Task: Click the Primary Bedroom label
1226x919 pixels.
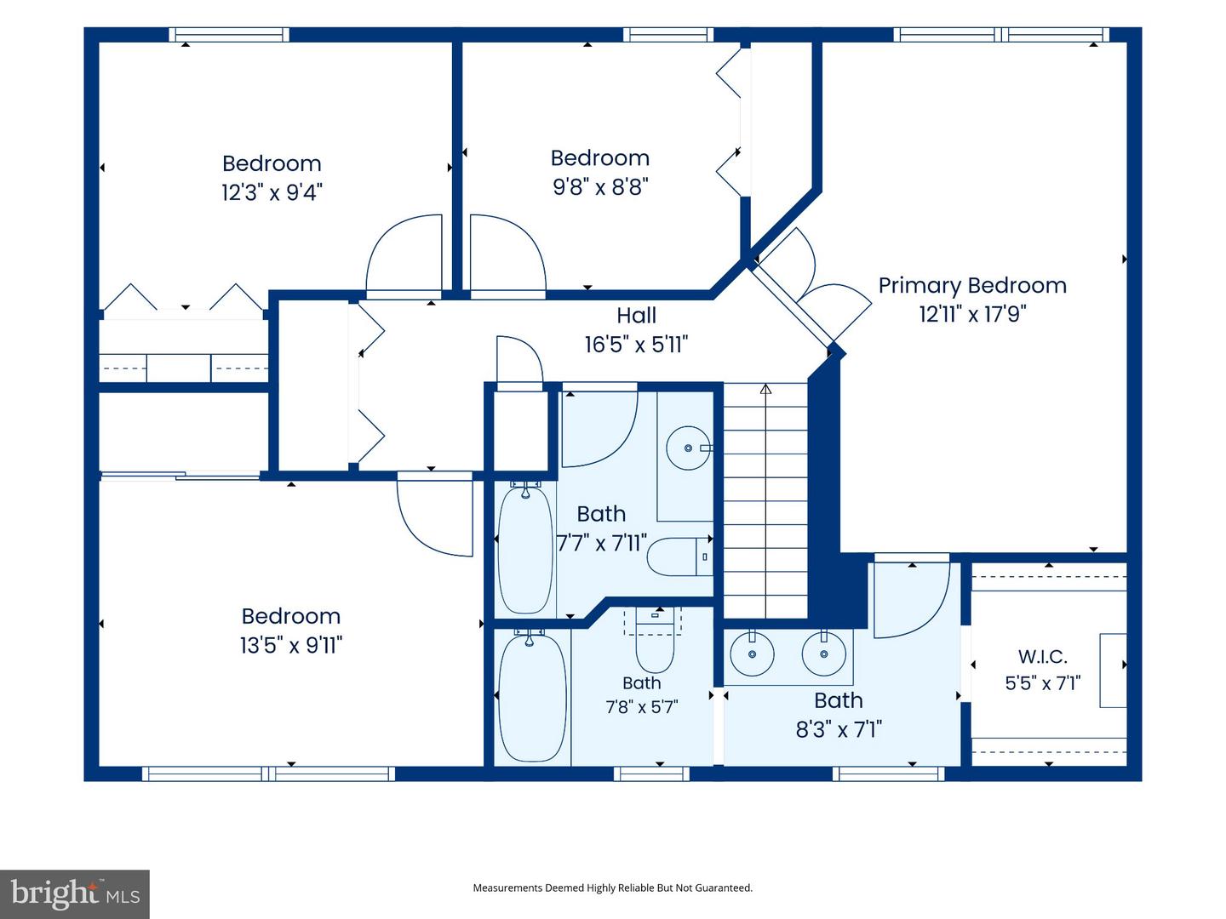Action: [972, 286]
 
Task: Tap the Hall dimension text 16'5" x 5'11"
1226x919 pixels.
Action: [636, 345]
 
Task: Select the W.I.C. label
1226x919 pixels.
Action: [1043, 657]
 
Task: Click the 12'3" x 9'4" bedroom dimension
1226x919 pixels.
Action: [272, 192]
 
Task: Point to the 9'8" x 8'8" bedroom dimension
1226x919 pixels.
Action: [600, 186]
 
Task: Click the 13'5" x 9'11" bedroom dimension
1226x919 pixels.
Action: [291, 645]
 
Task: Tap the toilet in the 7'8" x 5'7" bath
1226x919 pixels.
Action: [656, 641]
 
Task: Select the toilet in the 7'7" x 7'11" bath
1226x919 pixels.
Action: [679, 557]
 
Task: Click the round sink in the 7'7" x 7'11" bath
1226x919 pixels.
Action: [689, 448]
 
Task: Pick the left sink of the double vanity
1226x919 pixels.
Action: [753, 654]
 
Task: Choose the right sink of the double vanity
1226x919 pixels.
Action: [824, 654]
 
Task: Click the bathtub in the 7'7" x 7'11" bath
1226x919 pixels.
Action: [525, 550]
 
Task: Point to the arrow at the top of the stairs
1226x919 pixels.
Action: [765, 389]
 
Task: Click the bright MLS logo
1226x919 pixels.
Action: [75, 894]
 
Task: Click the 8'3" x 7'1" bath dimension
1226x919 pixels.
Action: [839, 729]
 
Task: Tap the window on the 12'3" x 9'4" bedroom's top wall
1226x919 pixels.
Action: [229, 35]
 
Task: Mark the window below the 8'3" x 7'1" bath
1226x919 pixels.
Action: [888, 773]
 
